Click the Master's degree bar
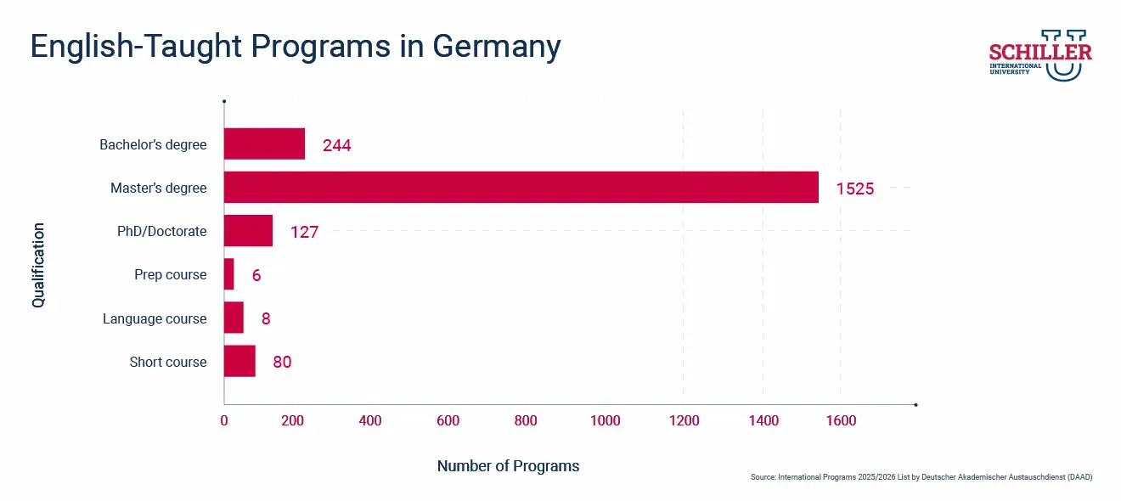point(521,188)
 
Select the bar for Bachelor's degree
point(264,144)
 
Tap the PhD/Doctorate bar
point(248,231)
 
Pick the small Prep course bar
point(228,274)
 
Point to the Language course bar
point(234,318)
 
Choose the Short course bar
point(239,361)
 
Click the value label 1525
point(854,189)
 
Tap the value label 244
point(336,145)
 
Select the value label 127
point(304,232)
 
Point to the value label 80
point(282,362)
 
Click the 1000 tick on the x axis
point(605,421)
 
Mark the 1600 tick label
point(840,421)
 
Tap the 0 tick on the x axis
point(224,421)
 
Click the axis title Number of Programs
point(508,466)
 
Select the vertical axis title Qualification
point(38,265)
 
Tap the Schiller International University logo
point(1040,55)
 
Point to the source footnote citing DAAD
point(921,477)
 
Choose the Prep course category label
point(170,275)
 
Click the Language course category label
point(155,318)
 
